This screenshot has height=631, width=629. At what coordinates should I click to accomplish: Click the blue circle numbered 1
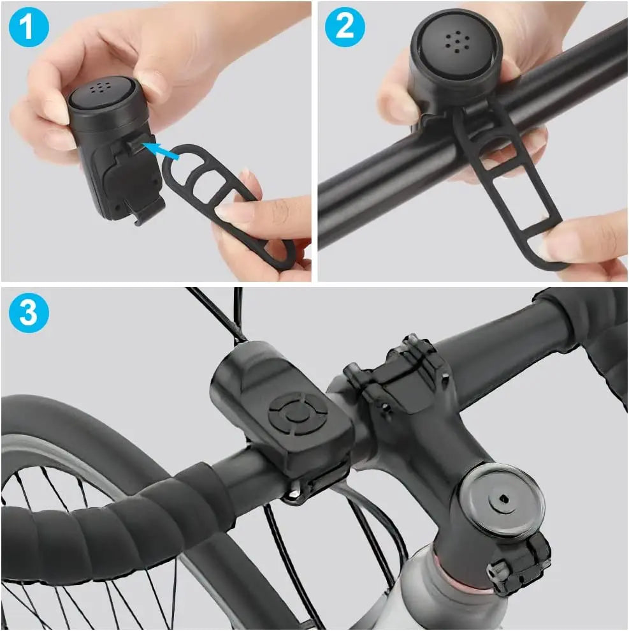point(29,27)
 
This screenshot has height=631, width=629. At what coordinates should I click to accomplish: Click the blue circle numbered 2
point(345,27)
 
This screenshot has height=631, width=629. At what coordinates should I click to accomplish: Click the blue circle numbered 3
point(29,313)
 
